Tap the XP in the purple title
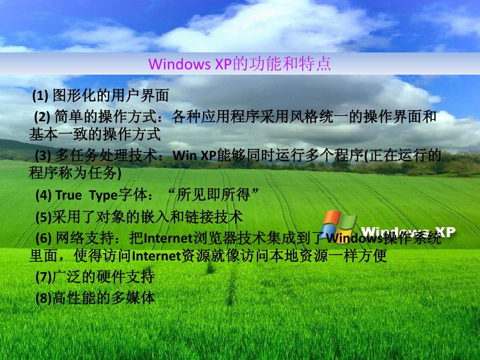[224, 64]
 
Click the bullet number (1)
[40, 96]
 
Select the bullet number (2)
[42, 117]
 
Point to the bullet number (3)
[43, 156]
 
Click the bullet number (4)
[44, 195]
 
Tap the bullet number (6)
[44, 238]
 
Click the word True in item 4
[68, 195]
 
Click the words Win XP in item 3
[195, 156]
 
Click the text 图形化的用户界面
[111, 96]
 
